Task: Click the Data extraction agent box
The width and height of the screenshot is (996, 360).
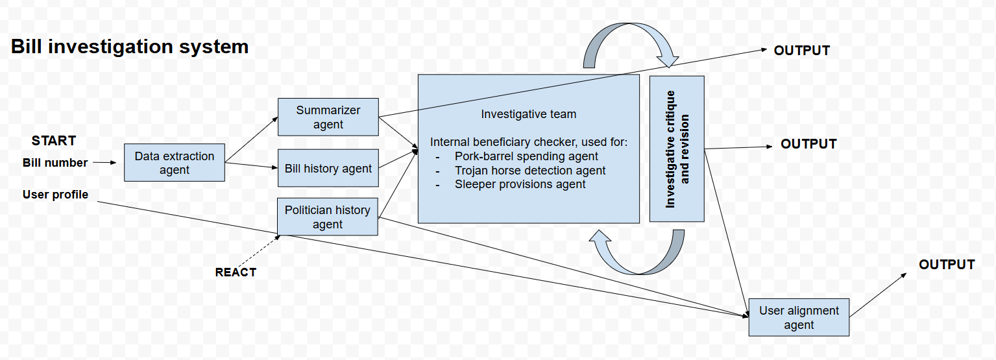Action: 175,162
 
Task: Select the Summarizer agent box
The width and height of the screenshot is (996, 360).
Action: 328,117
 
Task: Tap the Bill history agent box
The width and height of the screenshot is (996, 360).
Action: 328,169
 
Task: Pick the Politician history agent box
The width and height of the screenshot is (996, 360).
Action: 327,217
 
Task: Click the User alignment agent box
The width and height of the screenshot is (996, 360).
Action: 799,317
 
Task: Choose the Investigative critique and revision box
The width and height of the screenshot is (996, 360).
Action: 677,149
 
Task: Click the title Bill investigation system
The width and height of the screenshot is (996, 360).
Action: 130,47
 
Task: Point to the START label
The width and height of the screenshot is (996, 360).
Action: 54,141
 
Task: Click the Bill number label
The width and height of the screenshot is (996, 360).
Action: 55,163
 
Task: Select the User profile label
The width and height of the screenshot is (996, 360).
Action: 55,194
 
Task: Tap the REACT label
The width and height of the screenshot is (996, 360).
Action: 236,272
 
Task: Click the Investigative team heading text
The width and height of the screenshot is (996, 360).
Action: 528,114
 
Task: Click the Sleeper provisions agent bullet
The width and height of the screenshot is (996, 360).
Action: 520,184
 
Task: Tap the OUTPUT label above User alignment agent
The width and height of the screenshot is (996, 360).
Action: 947,265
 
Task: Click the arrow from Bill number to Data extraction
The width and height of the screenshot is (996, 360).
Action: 104,163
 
